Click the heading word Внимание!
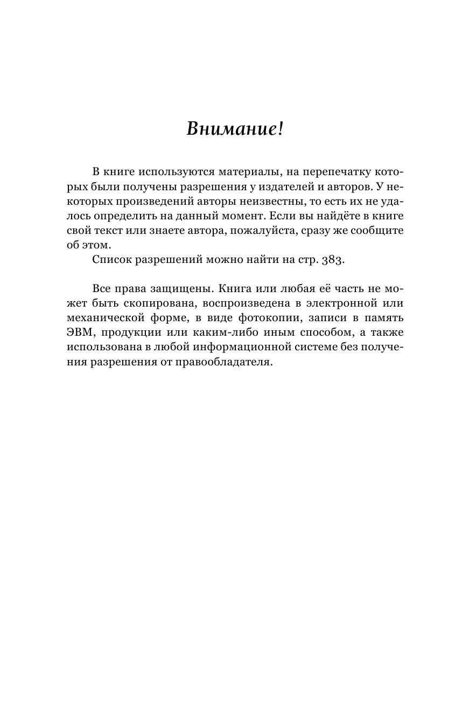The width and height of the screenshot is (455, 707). (234, 129)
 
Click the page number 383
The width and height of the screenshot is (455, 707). (331, 259)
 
